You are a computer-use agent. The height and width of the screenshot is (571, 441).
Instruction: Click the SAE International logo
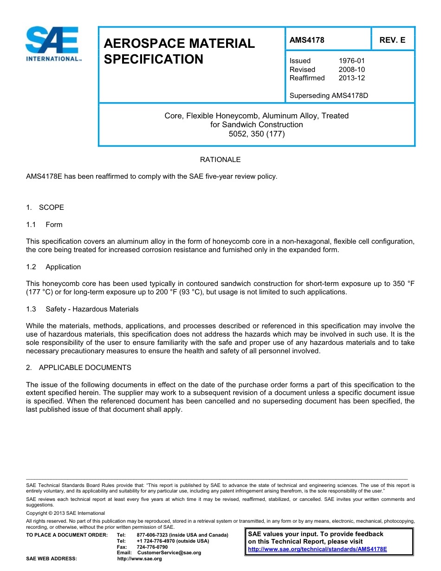(53, 45)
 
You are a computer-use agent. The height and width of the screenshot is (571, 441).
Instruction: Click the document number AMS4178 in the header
(307, 40)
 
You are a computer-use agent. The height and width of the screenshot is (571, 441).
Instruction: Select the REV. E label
(392, 40)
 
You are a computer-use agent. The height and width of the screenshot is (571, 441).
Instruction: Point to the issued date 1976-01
(351, 61)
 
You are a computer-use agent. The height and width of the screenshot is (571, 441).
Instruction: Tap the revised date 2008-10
(351, 70)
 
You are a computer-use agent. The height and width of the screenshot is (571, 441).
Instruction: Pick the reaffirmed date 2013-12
(351, 78)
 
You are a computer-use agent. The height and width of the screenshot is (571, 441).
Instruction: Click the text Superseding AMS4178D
(329, 96)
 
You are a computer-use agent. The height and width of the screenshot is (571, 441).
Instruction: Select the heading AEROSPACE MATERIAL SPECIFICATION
(179, 52)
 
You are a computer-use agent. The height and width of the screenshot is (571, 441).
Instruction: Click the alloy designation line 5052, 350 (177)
(256, 134)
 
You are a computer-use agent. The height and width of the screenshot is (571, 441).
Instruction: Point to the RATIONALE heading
(220, 160)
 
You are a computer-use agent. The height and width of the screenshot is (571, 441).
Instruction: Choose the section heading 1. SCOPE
(45, 208)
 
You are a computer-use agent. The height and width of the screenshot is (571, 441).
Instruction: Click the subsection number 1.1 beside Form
(31, 225)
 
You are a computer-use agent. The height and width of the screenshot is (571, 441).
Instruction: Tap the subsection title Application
(63, 267)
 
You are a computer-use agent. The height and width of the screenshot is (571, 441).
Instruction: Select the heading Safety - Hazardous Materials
(92, 309)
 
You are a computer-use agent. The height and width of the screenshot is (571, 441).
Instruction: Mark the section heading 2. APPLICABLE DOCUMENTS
(78, 368)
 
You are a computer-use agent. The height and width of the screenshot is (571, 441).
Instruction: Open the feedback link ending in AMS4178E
(318, 549)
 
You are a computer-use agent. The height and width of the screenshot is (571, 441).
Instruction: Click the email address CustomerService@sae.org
(169, 553)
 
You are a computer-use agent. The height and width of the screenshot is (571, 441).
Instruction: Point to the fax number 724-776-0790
(152, 547)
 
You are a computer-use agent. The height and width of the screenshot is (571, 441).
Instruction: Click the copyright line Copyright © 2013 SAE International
(65, 513)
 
